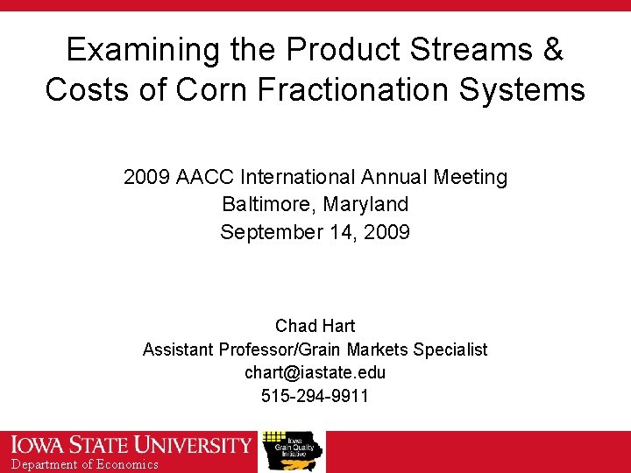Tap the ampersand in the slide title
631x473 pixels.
pos(552,50)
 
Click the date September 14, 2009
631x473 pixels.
pos(315,232)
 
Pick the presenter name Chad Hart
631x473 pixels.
pos(315,326)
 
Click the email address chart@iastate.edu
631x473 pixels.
pos(315,372)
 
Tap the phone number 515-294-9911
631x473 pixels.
pos(315,396)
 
